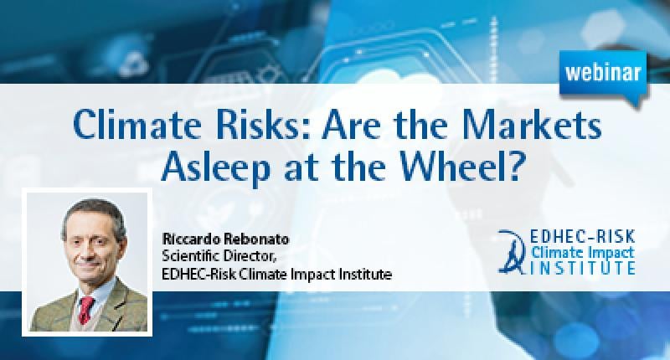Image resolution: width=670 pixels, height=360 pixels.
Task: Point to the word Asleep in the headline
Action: [216, 167]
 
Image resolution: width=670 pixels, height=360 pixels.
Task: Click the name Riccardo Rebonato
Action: [225, 239]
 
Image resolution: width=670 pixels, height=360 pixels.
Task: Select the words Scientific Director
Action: [220, 256]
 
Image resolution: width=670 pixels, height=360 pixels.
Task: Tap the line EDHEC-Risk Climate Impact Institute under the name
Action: [277, 273]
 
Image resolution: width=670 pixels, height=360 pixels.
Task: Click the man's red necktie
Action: [86, 310]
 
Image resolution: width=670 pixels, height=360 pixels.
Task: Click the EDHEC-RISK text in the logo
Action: [582, 236]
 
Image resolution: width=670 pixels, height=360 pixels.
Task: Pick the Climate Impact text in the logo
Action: [582, 252]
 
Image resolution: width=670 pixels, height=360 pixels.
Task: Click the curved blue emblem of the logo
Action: [513, 252]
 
